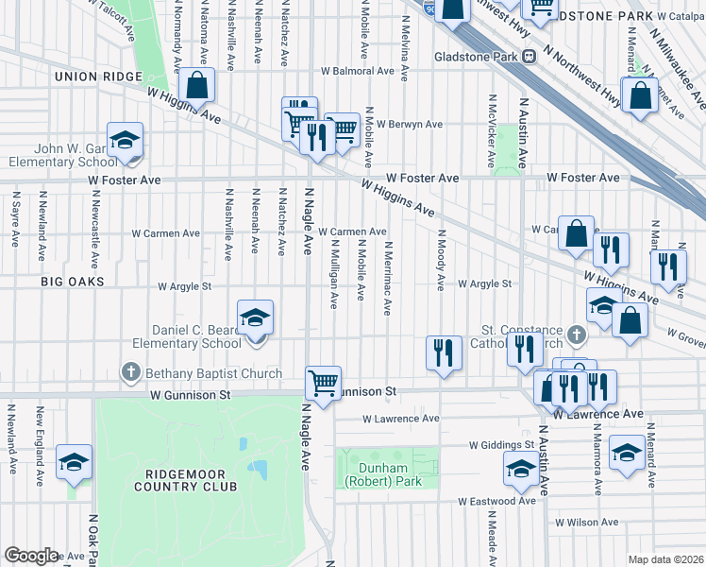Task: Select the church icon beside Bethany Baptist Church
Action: tap(130, 373)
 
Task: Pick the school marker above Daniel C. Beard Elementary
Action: tap(255, 318)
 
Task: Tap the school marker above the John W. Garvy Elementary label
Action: tap(125, 142)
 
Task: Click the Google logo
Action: tap(31, 555)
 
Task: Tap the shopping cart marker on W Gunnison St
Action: tap(323, 384)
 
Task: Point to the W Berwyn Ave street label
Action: tap(409, 124)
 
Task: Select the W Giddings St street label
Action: tap(501, 444)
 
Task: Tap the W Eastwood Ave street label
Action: tap(496, 501)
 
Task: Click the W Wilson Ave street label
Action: tap(586, 521)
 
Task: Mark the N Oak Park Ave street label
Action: tap(92, 540)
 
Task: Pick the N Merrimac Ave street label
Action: tap(387, 278)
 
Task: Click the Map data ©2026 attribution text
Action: tap(664, 559)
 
